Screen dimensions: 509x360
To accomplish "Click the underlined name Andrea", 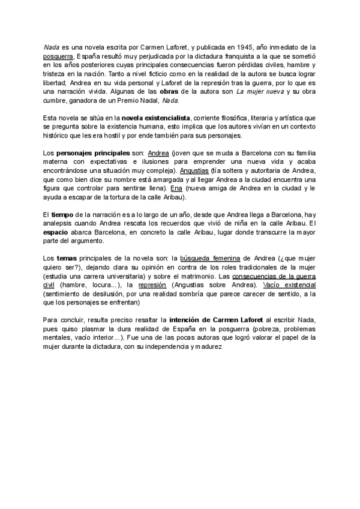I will tap(158, 152).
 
